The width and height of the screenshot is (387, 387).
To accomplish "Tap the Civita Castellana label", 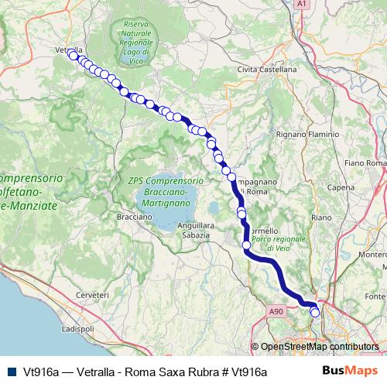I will [267, 70].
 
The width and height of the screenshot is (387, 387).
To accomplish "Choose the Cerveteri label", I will [94, 296].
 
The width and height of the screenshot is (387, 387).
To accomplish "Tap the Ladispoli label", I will [77, 330].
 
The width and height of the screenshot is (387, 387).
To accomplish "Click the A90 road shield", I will [276, 310].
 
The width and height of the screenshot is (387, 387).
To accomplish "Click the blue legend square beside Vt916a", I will [12, 371].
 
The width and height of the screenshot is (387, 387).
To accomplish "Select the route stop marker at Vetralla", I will [74, 55].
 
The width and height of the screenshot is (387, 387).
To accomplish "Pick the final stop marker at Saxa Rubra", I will [315, 312].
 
